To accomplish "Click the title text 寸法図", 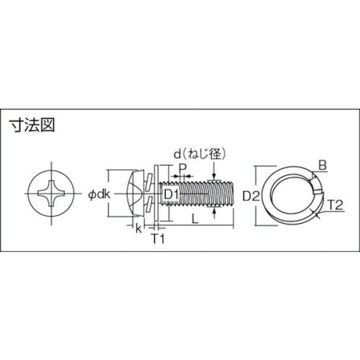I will pos(32,127).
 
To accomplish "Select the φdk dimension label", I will pos(96,194).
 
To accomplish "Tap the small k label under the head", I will pos(139,228).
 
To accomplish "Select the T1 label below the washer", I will pos(157,239).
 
